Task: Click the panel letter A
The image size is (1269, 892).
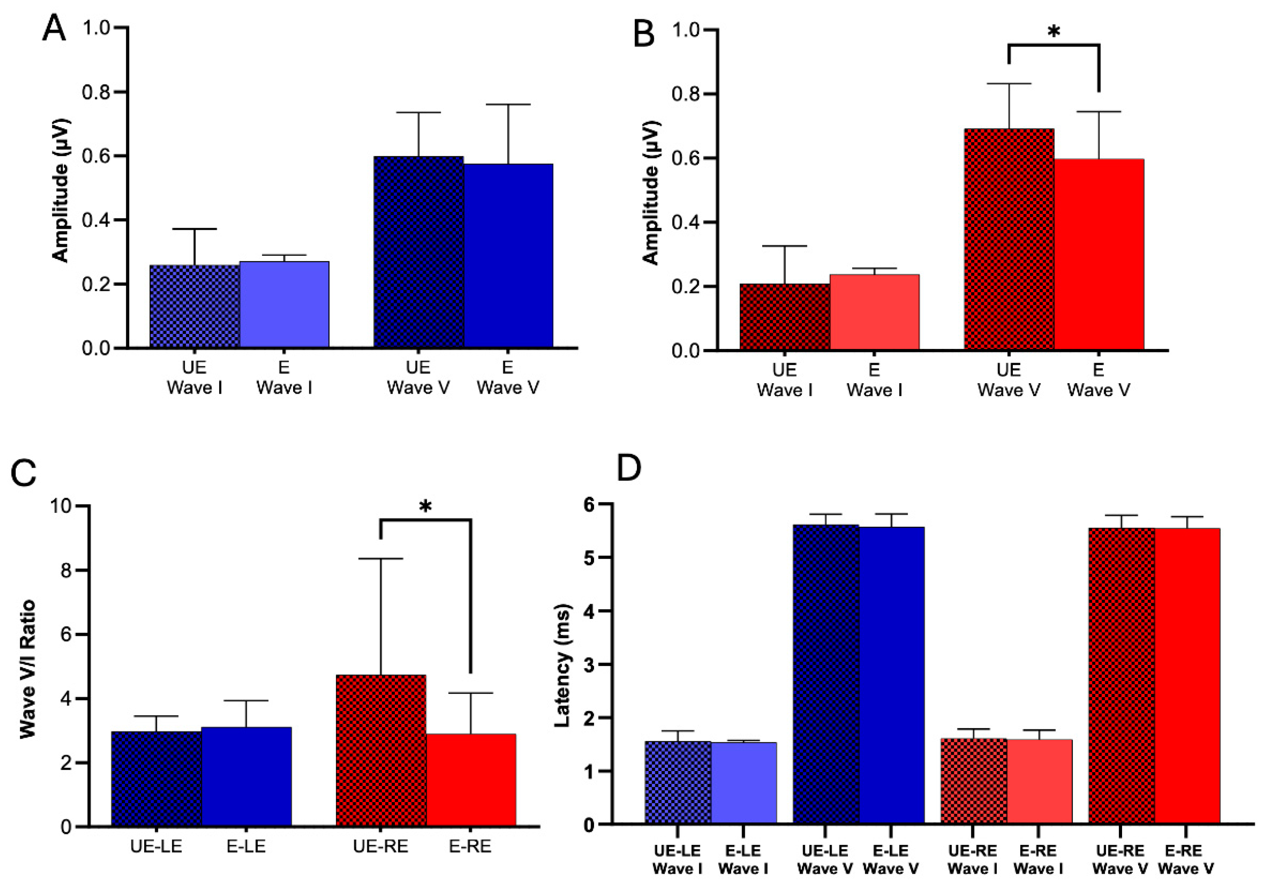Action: tap(53, 29)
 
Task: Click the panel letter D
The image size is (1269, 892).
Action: tap(629, 468)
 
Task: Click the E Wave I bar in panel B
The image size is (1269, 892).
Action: tap(875, 312)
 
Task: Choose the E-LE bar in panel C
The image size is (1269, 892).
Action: tap(246, 776)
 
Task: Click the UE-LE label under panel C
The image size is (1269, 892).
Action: tap(156, 846)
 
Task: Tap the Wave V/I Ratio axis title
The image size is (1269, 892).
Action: tap(27, 669)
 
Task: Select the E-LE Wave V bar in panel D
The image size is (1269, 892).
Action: tap(891, 675)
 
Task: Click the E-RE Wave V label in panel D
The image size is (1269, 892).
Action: tap(1186, 859)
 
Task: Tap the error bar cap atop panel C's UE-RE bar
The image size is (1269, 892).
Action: tap(381, 559)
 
